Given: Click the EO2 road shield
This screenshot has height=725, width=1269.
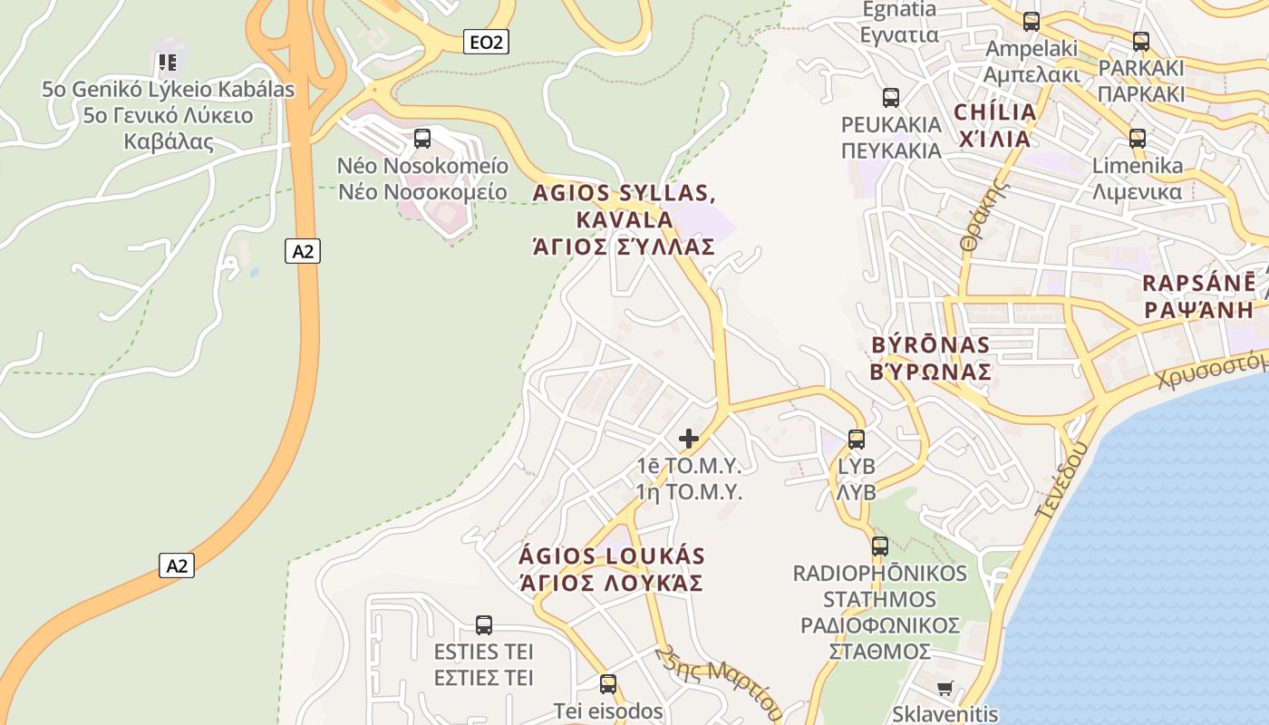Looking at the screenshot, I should (486, 41).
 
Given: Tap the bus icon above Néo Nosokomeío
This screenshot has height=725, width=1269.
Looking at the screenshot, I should (422, 139).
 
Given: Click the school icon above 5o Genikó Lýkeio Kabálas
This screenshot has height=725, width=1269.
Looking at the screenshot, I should (167, 63).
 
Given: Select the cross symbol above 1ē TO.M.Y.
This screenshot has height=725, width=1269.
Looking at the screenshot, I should (689, 440).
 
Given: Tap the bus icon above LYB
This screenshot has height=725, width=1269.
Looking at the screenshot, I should (857, 440).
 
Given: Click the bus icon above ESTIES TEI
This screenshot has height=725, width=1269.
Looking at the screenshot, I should (484, 625).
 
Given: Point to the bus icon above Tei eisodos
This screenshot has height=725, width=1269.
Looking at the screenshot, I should (608, 684).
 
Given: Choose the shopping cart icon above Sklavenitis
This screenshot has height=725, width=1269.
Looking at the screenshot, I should (944, 689).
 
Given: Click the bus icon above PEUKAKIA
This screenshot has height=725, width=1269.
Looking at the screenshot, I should (891, 98).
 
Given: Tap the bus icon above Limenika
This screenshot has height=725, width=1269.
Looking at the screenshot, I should (1138, 139).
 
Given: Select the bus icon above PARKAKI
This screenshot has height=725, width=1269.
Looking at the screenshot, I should (1141, 42).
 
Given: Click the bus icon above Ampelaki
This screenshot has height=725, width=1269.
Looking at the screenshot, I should (1032, 22).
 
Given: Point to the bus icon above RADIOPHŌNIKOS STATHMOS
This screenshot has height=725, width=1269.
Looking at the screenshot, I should (880, 546).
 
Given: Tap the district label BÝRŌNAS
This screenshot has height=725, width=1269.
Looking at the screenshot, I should (930, 345).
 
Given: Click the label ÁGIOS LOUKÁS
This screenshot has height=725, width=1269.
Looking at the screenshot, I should (612, 556).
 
